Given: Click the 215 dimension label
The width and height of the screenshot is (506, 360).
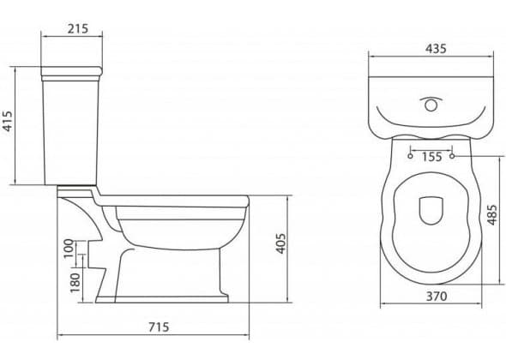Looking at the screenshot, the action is coord(78,28).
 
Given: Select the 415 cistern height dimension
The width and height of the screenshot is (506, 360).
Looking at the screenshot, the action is coord(7,122).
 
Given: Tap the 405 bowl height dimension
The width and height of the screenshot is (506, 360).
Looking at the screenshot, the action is coord(281,243).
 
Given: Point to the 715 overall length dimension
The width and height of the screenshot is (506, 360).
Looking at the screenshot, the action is coord(159,327).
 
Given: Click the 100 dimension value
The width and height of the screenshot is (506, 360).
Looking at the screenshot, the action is coord(69,249).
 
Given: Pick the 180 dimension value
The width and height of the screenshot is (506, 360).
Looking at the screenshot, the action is coord(75,283).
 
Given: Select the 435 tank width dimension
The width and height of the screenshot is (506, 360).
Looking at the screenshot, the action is coord(436,49).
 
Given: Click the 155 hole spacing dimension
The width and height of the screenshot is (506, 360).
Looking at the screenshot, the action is coord(431,157).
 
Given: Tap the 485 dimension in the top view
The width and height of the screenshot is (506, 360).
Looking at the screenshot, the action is coord(491,214).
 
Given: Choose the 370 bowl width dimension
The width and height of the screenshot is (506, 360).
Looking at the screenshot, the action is coord(437,296).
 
